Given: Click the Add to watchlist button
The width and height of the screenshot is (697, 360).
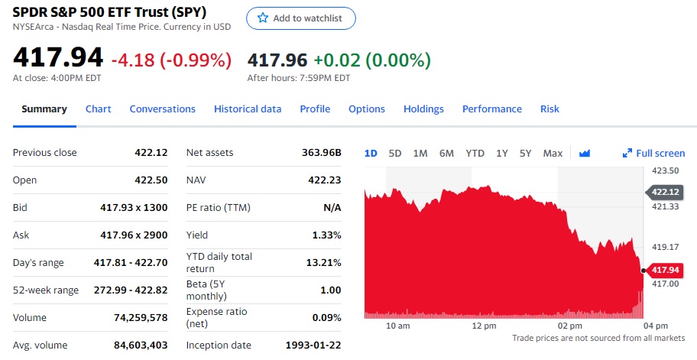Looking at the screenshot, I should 300,18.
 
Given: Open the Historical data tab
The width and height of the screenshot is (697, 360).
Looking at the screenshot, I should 248,109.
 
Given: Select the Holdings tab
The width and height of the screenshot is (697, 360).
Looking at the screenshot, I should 423,109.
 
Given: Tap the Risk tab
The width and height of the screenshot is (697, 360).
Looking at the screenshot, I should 549,109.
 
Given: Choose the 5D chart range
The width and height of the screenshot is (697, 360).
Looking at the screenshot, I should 395,154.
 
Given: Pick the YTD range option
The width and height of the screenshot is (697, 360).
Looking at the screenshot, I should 475,154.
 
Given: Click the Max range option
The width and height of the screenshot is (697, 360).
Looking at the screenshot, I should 553,154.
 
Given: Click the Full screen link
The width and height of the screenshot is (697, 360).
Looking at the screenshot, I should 654,154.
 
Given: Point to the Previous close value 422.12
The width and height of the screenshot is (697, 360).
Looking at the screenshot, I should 151,153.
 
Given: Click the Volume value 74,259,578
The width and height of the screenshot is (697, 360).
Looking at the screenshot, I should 141,318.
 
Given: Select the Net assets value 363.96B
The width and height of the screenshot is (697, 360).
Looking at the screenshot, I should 322,153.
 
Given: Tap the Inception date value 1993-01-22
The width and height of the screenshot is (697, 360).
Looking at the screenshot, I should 313,345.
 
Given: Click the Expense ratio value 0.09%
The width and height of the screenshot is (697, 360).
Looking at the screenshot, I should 327,318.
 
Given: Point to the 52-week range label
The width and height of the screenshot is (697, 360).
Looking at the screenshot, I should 46,290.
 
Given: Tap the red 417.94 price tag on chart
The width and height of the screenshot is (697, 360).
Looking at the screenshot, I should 665,270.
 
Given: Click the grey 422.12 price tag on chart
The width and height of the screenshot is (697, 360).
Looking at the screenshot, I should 665,192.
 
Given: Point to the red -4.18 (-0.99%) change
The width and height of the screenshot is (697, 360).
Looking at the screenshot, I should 171,60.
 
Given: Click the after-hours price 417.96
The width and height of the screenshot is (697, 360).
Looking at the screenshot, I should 276,60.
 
